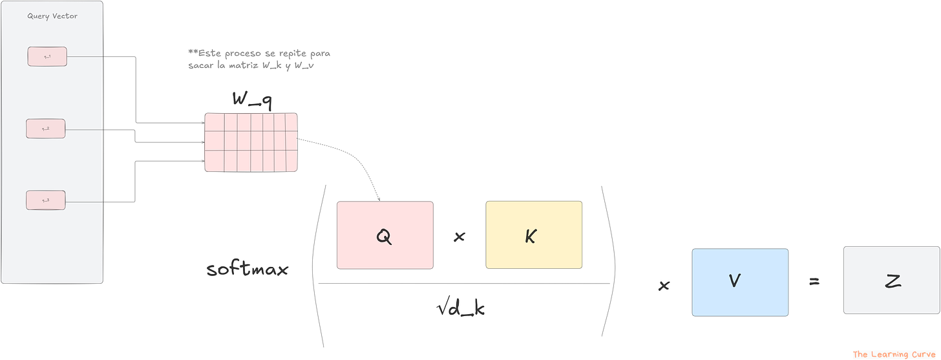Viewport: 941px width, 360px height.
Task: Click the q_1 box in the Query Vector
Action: [47, 56]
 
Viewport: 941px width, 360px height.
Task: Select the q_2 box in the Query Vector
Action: [46, 129]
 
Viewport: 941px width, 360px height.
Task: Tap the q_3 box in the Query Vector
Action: [46, 200]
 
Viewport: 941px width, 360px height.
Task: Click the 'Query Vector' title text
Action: [52, 16]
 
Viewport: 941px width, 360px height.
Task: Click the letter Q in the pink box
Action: [384, 237]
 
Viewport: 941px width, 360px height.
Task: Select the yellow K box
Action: [533, 235]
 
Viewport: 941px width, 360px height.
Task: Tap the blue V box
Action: [739, 282]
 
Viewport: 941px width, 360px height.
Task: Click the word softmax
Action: [248, 270]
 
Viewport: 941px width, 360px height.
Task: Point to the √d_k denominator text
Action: [461, 310]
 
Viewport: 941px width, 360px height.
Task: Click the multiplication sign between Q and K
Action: [460, 238]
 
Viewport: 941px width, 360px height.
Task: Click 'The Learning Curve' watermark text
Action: [895, 354]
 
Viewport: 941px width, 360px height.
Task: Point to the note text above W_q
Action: [259, 59]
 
